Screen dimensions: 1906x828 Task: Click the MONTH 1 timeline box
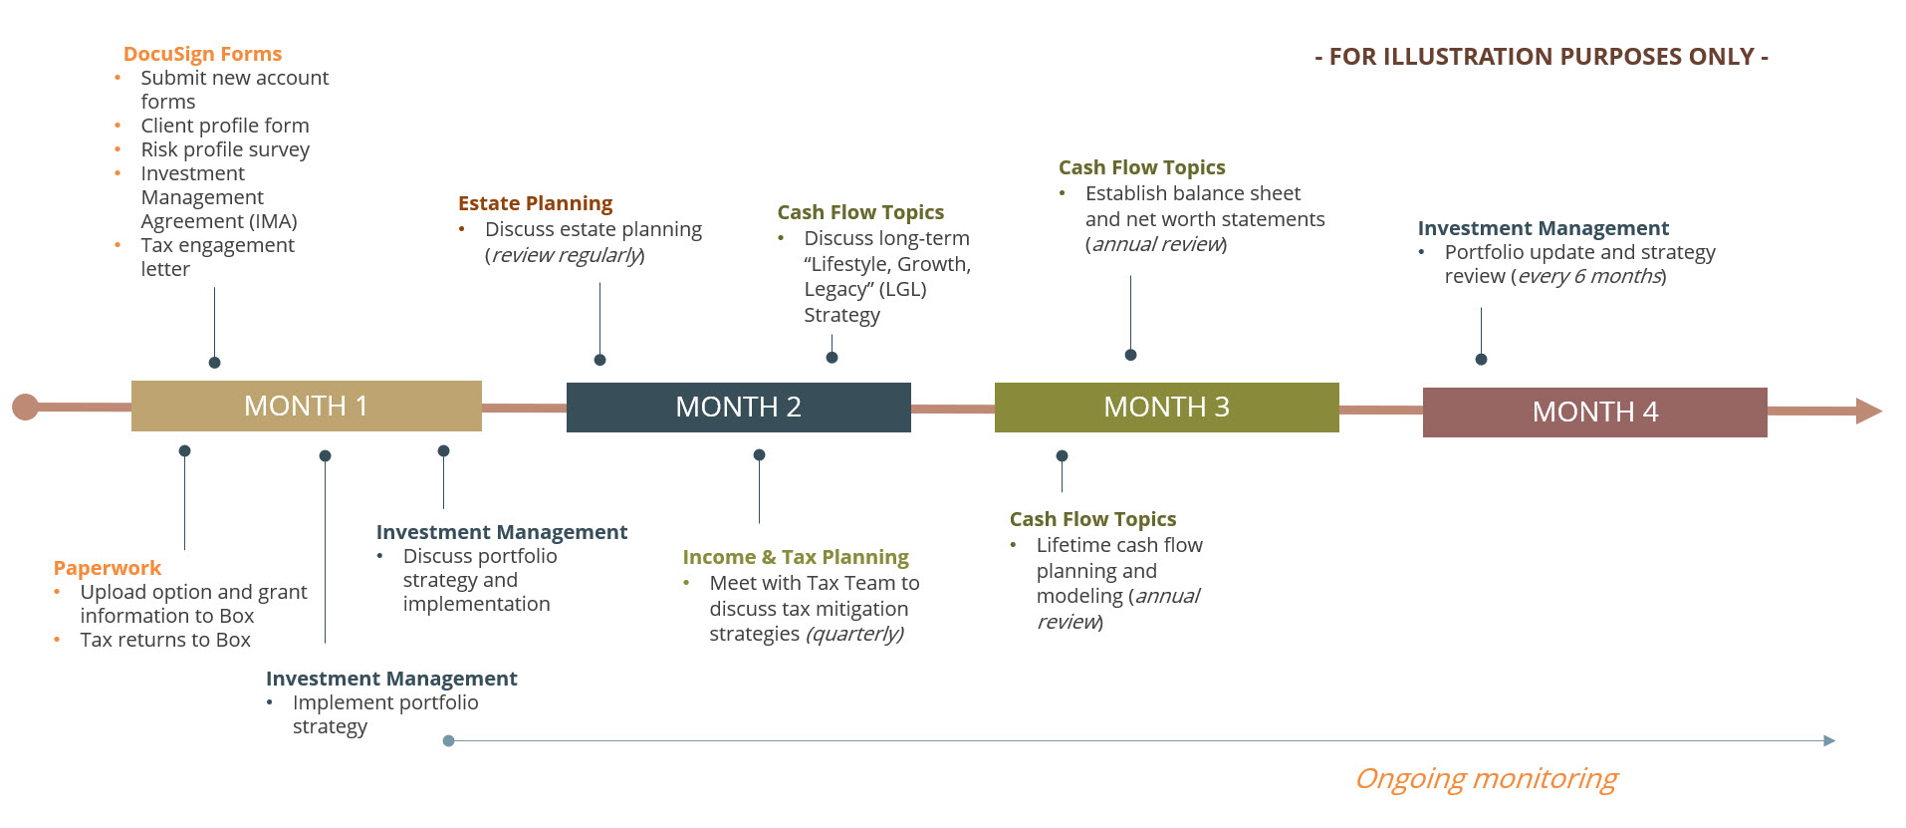point(307,406)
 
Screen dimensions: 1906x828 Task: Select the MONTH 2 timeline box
point(739,408)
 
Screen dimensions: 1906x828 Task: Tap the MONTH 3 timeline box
point(1167,408)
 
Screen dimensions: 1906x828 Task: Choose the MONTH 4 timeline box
point(1595,413)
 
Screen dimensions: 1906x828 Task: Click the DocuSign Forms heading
point(202,54)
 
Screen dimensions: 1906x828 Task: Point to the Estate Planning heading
point(535,203)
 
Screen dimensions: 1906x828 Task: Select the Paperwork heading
point(108,568)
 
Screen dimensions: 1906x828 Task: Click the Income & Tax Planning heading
point(796,557)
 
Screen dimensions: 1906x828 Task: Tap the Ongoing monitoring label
point(1486,778)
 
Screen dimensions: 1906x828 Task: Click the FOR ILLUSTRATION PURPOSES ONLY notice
point(1542,57)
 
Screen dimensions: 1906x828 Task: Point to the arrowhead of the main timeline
point(1869,411)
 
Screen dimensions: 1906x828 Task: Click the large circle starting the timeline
point(25,407)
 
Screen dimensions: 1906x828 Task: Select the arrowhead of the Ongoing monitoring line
point(1829,740)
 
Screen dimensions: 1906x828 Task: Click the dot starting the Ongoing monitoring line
point(448,740)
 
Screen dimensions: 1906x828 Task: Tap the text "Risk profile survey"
point(225,149)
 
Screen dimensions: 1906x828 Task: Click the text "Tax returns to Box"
point(165,640)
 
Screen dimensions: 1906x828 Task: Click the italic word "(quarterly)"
point(855,634)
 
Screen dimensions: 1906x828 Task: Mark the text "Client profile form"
point(225,126)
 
